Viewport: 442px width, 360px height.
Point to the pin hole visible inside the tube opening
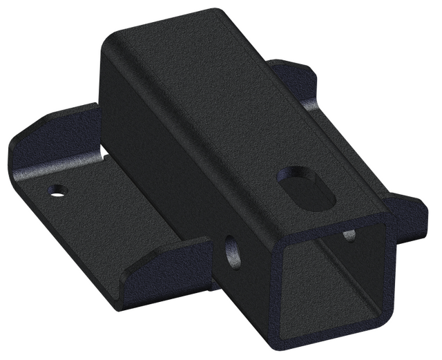coord(350,236)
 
